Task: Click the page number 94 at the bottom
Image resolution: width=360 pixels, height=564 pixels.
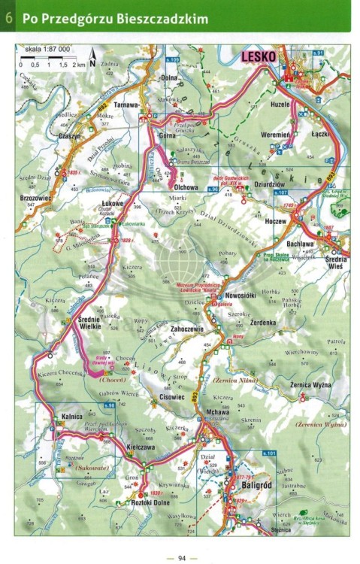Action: click(181, 557)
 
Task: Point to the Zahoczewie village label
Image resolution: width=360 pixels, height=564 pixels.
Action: click(189, 328)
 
